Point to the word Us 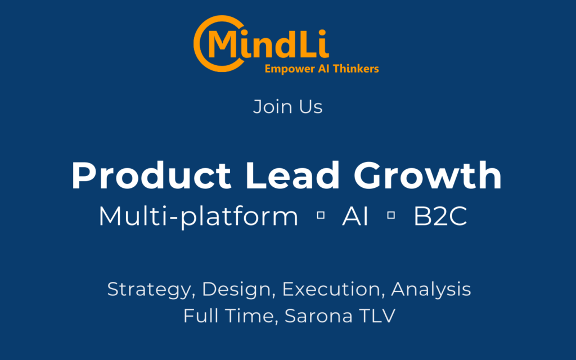click(x=310, y=107)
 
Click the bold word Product click(x=151, y=175)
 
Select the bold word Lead click(x=292, y=175)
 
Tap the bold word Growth click(x=427, y=175)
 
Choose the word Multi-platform click(x=199, y=216)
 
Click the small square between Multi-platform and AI click(x=321, y=215)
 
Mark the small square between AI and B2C click(x=391, y=215)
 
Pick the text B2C click(x=440, y=216)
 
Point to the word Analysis click(x=431, y=290)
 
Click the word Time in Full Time click(x=249, y=316)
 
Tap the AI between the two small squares click(x=355, y=216)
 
